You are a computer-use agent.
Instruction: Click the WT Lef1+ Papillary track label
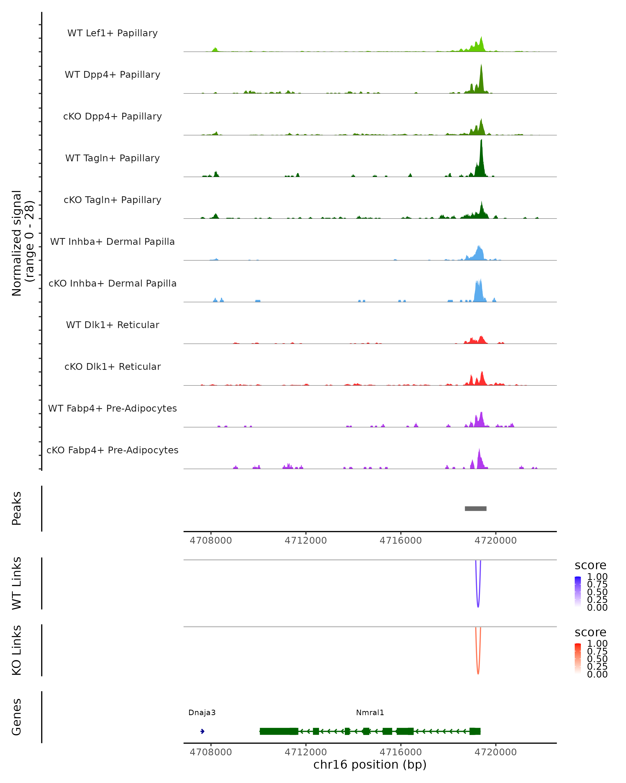(x=112, y=33)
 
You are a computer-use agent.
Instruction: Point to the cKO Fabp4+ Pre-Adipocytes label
(x=112, y=450)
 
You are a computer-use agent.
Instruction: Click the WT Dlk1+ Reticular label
(x=112, y=325)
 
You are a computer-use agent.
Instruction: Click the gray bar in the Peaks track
(x=475, y=508)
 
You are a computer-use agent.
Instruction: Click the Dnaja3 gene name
(x=202, y=713)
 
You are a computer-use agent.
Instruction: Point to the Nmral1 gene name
(x=370, y=713)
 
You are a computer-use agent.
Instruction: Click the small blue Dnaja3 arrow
(x=202, y=731)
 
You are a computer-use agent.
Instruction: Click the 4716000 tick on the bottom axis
(x=401, y=752)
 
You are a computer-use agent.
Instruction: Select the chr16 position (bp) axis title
(x=370, y=764)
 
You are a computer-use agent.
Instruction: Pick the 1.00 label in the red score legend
(x=597, y=644)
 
